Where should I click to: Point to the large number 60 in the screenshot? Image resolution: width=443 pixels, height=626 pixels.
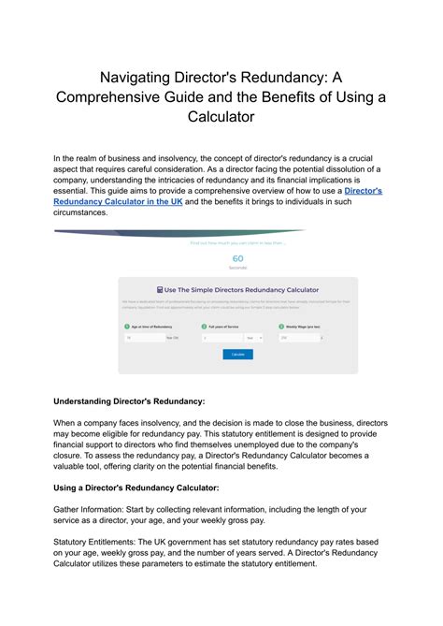click(237, 258)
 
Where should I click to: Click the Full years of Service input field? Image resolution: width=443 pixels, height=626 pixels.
click(222, 338)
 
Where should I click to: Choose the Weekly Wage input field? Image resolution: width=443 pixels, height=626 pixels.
click(297, 338)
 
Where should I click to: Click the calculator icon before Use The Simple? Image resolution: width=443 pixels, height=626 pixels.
click(161, 290)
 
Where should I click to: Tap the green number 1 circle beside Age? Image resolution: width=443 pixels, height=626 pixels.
click(126, 326)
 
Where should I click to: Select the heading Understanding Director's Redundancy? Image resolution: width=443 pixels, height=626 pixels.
click(129, 400)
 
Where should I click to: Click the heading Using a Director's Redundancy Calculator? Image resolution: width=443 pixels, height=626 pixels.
click(136, 488)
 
